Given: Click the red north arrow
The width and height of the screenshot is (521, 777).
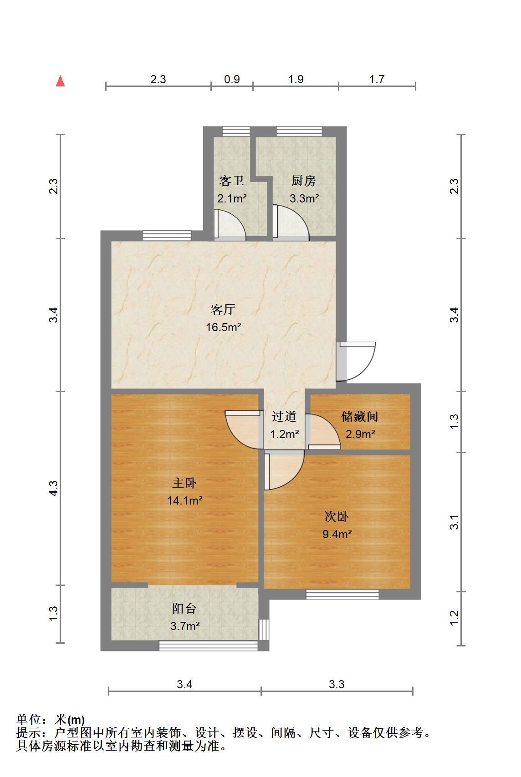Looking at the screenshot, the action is [61, 81].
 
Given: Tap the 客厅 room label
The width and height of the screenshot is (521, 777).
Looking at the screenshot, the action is [223, 309].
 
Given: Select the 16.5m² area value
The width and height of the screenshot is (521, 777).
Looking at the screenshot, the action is [223, 327].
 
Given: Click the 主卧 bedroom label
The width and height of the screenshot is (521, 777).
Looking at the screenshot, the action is [184, 483].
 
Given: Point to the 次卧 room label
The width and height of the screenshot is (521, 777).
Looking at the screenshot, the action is [337, 516].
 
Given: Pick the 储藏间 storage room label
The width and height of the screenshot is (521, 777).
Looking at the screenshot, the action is [359, 416].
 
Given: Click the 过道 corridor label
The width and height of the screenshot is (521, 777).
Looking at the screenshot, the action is [284, 416].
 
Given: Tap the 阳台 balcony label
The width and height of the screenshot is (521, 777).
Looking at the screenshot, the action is [184, 608].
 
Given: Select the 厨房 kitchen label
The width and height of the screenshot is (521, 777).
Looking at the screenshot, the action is [304, 181].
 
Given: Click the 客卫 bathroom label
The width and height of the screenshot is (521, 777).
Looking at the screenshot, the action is [232, 181].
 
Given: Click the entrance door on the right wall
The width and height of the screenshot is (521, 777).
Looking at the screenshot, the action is [356, 362].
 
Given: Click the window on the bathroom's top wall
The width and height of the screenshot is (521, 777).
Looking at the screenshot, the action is [236, 131].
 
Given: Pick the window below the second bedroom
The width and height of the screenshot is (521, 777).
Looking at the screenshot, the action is [342, 594].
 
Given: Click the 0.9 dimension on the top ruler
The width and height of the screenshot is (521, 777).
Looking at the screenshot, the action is [232, 80].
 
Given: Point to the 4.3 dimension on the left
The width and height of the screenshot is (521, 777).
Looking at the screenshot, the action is [53, 489].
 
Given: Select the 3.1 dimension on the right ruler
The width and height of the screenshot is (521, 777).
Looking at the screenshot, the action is [454, 522].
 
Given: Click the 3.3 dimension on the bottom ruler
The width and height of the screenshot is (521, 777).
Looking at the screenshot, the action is [337, 684].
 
